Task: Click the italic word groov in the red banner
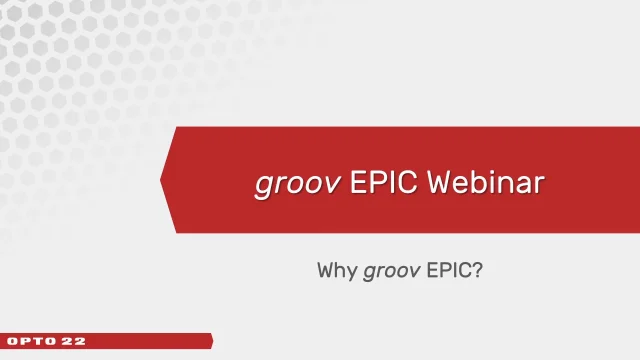[x=287, y=183]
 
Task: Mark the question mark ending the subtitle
[x=479, y=270]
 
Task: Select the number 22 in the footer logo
[x=75, y=341]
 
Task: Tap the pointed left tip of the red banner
[x=162, y=181]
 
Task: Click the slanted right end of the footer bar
[x=210, y=341]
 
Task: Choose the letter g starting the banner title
[x=261, y=185]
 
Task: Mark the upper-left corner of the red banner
[x=178, y=129]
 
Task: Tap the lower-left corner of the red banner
[x=178, y=232]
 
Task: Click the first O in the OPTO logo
[x=12, y=341]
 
